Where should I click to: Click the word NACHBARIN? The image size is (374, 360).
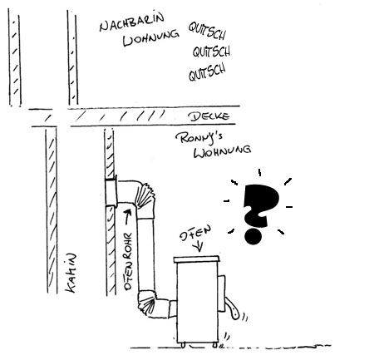tap(131, 22)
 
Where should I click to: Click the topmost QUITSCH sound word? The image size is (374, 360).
tap(207, 30)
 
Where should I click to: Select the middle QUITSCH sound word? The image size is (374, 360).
tap(211, 52)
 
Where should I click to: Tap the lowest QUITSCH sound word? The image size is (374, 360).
tap(207, 72)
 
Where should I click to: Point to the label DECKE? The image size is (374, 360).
tap(209, 116)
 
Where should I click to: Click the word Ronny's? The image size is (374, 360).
tap(199, 138)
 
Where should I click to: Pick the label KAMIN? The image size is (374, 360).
tap(71, 273)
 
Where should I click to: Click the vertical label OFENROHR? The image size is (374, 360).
tap(128, 261)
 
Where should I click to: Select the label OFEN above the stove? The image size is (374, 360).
tap(195, 234)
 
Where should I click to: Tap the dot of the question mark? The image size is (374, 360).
tap(253, 236)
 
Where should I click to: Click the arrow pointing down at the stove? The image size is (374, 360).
tap(199, 246)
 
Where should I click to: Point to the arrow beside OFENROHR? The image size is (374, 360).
tap(127, 216)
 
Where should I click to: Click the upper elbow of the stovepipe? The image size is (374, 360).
tap(144, 197)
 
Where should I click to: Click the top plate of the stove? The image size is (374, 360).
tap(197, 259)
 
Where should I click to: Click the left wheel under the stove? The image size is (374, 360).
tap(183, 345)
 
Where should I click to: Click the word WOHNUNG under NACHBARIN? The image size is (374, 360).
tap(151, 39)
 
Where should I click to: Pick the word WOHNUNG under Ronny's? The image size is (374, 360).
tap(223, 152)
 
